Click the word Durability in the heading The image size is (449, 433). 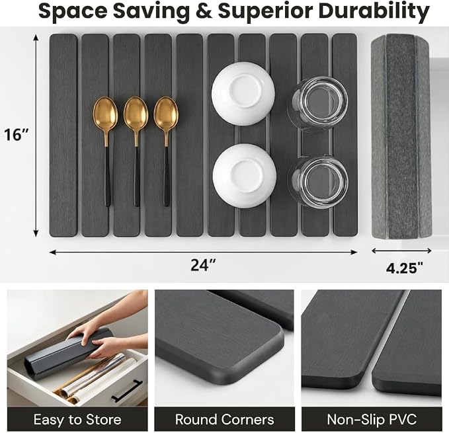coord(374,12)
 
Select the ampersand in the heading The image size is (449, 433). coord(204,11)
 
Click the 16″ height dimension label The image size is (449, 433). coord(17,134)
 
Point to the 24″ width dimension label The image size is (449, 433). coord(203,264)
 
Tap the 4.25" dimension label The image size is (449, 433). coord(404,268)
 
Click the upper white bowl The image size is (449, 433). coord(243,94)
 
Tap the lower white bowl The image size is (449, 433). coord(245,176)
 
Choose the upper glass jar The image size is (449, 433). coord(318,104)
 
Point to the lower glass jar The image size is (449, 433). coord(318,182)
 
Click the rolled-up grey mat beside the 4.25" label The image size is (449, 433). coord(401,136)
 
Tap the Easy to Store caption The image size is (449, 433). coord(77,420)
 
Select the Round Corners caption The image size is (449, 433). coord(225,420)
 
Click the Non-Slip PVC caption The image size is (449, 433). coord(372,420)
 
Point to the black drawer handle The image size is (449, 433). coord(126,391)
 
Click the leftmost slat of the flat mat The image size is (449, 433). coord(63,136)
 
